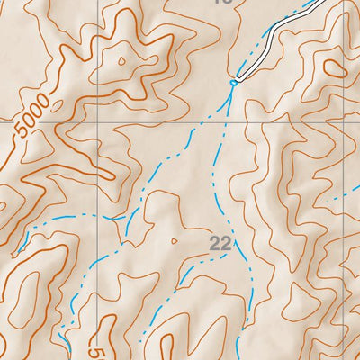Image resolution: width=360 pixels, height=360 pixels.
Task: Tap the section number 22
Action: (x=220, y=242)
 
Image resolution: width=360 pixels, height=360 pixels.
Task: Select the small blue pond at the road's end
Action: (x=235, y=83)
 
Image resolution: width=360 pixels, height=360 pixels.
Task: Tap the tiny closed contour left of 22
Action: (x=175, y=241)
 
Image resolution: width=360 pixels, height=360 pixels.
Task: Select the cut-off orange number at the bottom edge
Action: (x=96, y=349)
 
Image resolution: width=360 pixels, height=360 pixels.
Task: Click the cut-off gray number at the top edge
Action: (x=223, y=3)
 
